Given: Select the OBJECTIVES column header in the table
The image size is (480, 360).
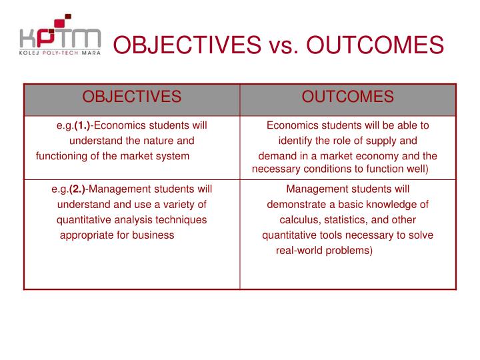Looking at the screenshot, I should point(131,97).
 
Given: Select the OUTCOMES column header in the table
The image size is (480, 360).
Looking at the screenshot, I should point(347,97).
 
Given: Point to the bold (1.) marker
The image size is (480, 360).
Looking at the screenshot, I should point(83,125).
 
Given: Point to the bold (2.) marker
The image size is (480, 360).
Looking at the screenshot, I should point(78,189).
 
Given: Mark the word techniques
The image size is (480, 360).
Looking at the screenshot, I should point(180,219).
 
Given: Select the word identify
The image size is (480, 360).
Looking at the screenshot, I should point(295,141).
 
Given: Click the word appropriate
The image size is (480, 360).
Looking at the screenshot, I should point(87,235).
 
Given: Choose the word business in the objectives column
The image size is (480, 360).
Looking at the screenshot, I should point(155,235).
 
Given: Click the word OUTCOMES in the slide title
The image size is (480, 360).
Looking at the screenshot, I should point(376,45).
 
